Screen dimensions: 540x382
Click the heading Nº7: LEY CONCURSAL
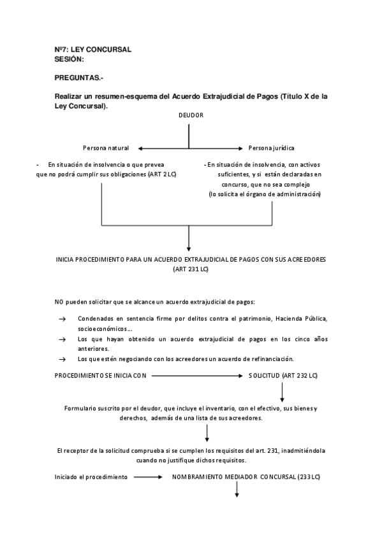[93, 50]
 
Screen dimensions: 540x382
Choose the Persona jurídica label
[271, 148]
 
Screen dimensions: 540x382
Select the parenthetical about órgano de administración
[265, 194]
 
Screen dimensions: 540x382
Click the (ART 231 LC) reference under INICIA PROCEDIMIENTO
[191, 269]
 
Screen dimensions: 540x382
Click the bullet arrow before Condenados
[62, 318]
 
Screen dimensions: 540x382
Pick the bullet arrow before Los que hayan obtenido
[62, 340]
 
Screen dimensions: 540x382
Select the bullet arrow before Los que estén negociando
[62, 359]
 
